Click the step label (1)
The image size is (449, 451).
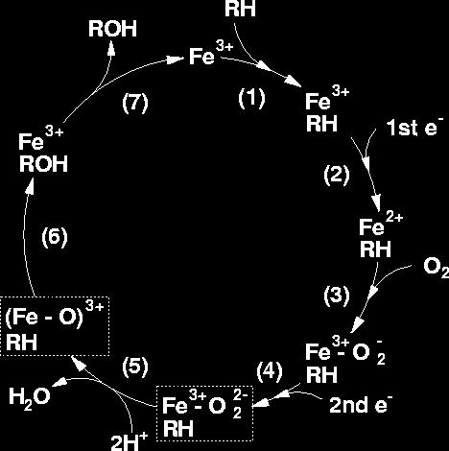tap(251, 98)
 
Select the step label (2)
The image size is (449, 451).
tap(337, 175)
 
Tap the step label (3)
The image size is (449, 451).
tap(337, 296)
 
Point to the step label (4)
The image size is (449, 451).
tap(270, 371)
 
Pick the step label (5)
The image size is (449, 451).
tap(135, 366)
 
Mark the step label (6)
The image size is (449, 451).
tap(55, 237)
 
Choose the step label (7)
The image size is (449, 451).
tap(135, 103)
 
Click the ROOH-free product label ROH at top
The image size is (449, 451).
tap(112, 29)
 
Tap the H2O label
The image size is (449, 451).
tap(30, 397)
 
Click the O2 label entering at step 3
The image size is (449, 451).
tap(436, 268)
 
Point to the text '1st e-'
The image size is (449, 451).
tap(414, 128)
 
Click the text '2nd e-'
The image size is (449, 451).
tap(361, 405)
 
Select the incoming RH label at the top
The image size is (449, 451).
tap(240, 9)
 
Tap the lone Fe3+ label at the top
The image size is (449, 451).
tap(211, 54)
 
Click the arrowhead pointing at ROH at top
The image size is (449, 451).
tap(111, 49)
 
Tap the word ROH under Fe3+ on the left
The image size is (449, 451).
tap(43, 164)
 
